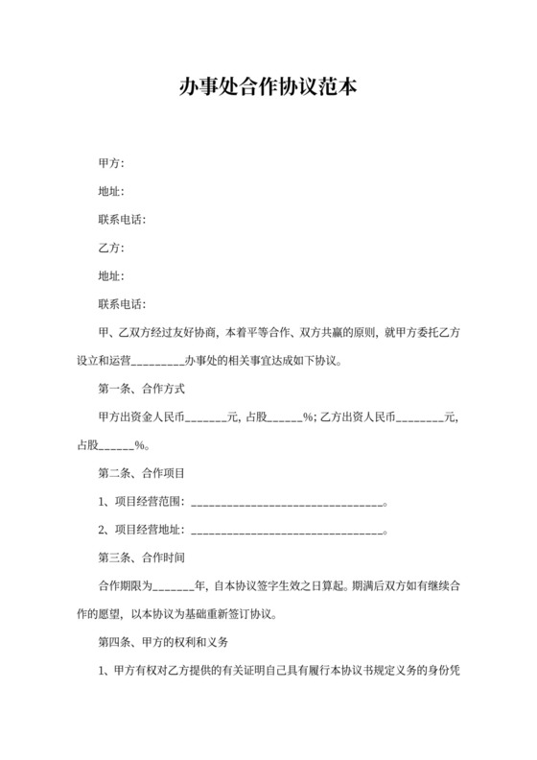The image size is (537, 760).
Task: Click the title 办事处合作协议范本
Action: coord(268,88)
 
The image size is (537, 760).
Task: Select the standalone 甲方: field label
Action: coord(111,162)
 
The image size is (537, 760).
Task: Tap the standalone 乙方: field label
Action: coord(111,249)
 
